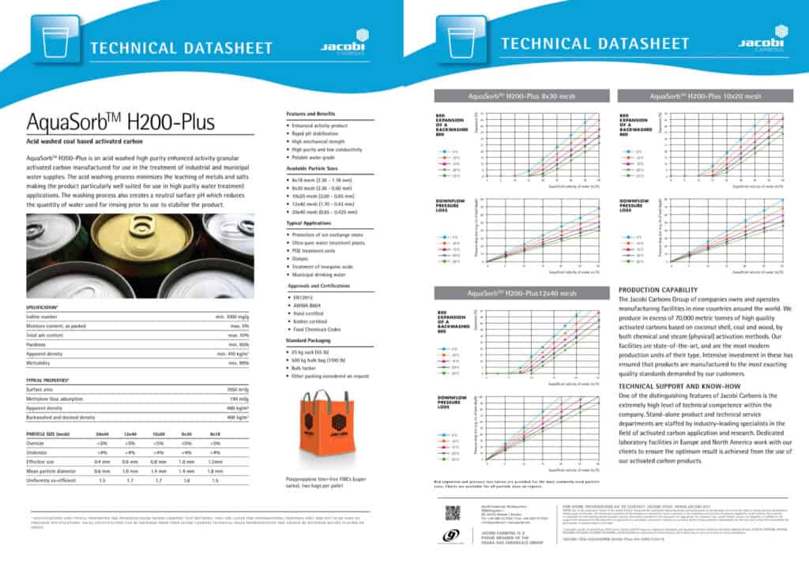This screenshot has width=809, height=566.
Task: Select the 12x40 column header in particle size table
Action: pos(130,434)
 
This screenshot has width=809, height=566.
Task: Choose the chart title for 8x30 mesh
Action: pos(522,96)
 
